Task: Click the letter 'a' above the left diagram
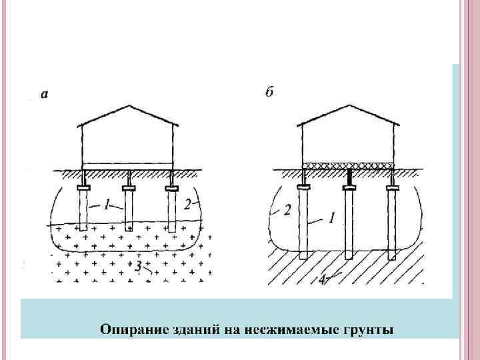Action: point(44,95)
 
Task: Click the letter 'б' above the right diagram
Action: point(269,93)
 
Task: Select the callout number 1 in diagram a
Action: point(107,205)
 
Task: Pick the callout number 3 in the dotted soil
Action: point(138,267)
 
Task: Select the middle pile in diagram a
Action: point(129,210)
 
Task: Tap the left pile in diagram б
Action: point(303,223)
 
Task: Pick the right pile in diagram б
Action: point(391,223)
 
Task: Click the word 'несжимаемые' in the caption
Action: point(284,329)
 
